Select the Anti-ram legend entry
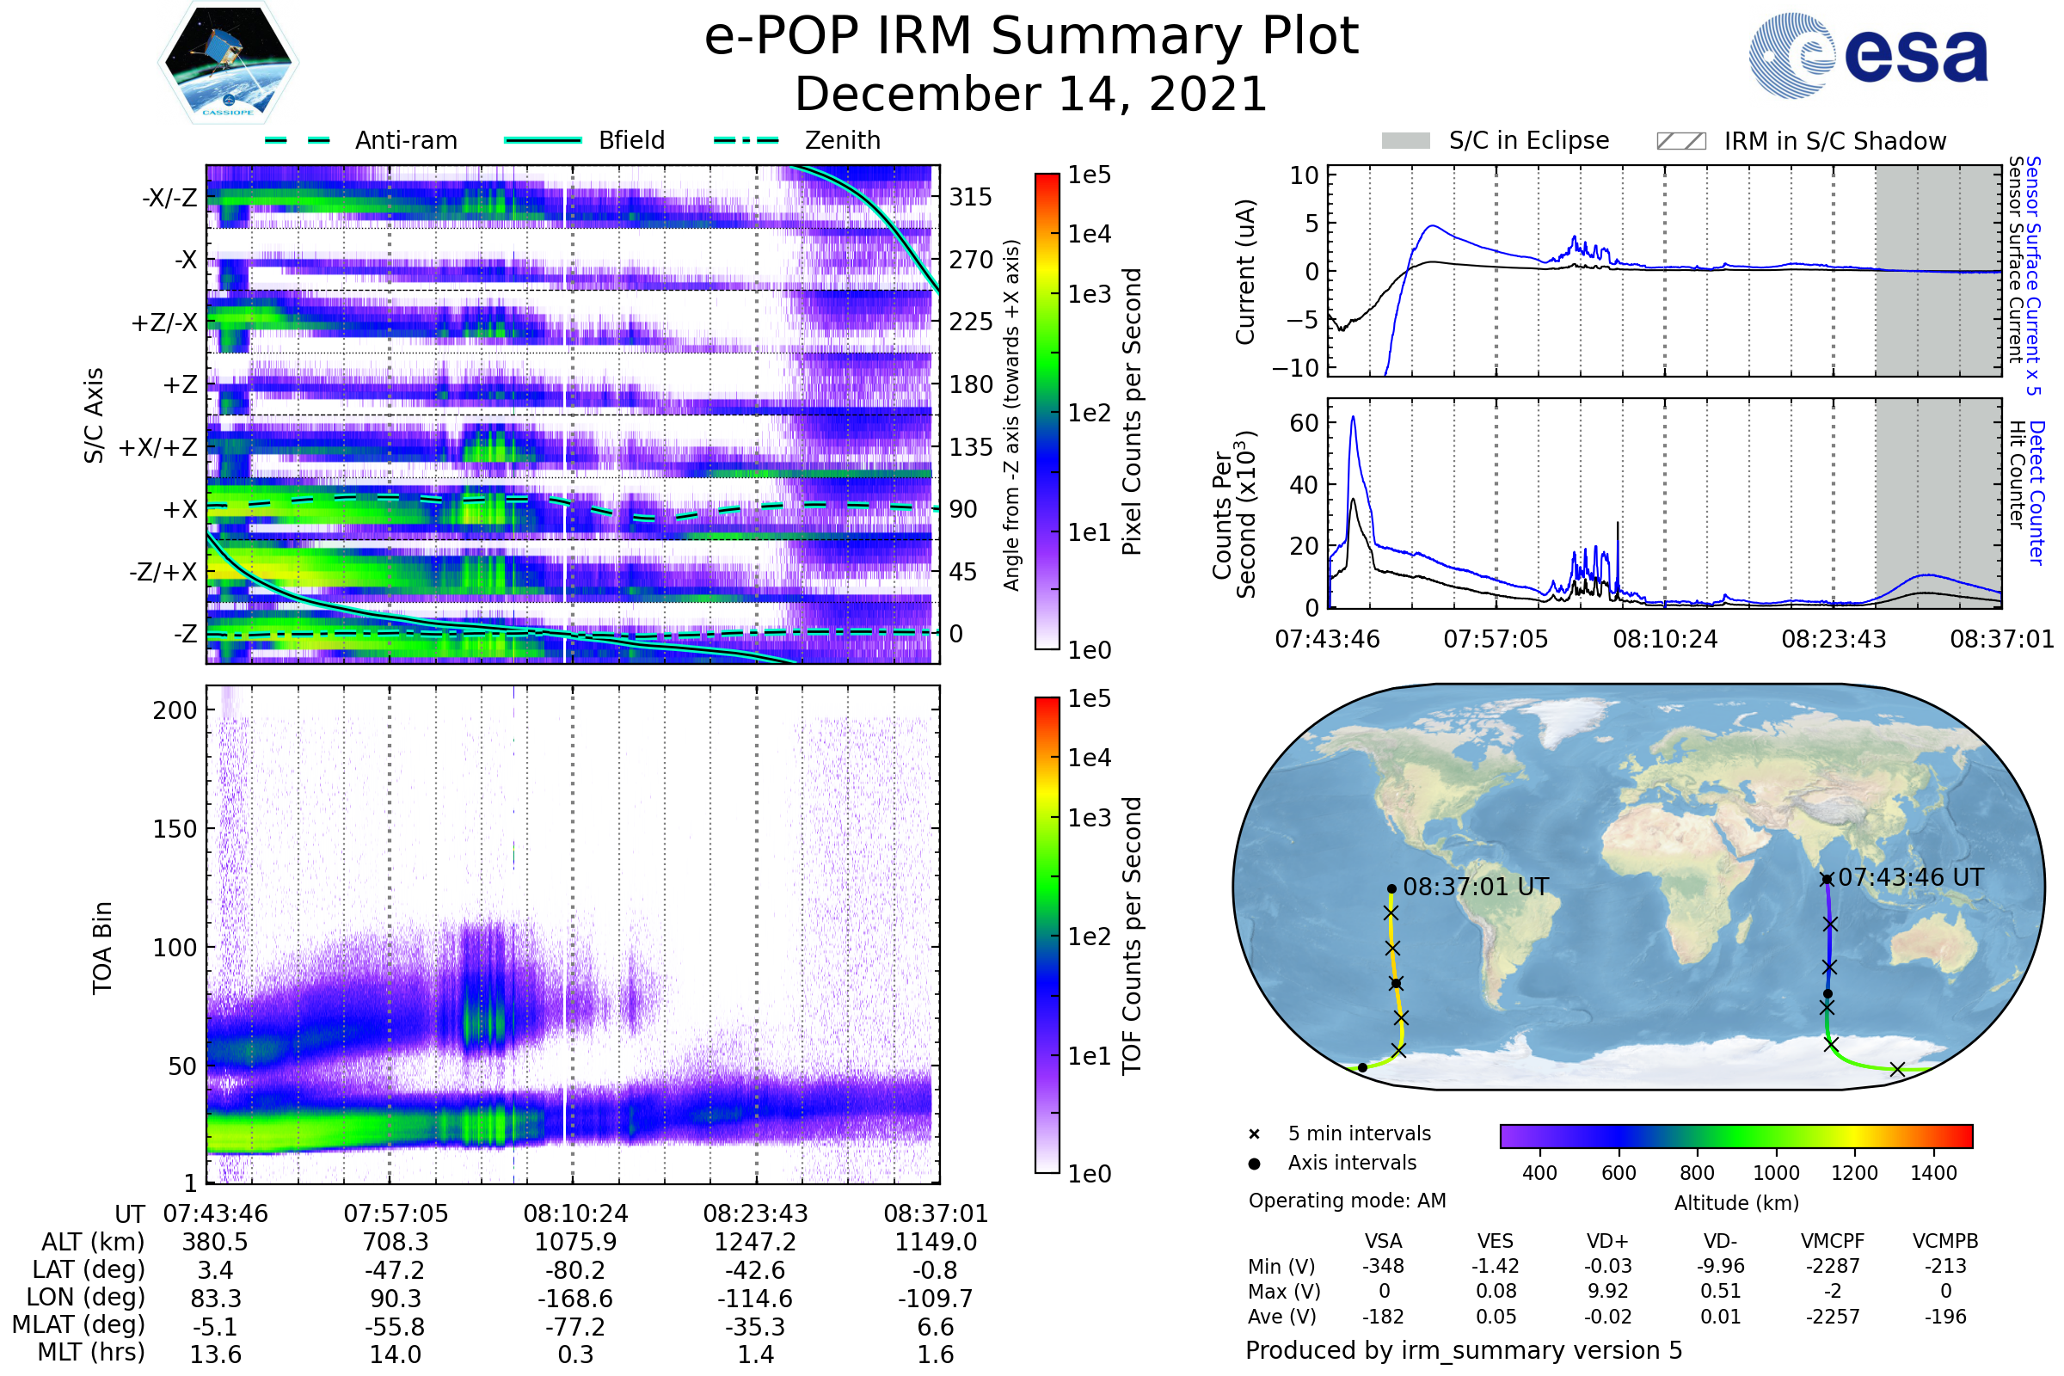pyautogui.click(x=361, y=140)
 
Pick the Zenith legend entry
pyautogui.click(x=797, y=140)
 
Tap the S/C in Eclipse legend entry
pyautogui.click(x=1495, y=140)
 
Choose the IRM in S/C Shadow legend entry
pyautogui.click(x=1801, y=141)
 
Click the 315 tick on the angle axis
pyautogui.click(x=970, y=198)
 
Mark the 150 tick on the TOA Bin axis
pyautogui.click(x=175, y=829)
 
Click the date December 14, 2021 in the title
pyautogui.click(x=1031, y=94)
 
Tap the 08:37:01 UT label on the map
pyautogui.click(x=1475, y=888)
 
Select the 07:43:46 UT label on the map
pyautogui.click(x=1910, y=877)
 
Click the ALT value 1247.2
pyautogui.click(x=755, y=1243)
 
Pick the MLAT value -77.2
pyautogui.click(x=574, y=1327)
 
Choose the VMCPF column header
pyautogui.click(x=1833, y=1242)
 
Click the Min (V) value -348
pyautogui.click(x=1383, y=1266)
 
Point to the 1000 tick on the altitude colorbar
pyautogui.click(x=1775, y=1173)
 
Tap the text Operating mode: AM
pyautogui.click(x=1347, y=1201)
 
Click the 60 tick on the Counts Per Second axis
pyautogui.click(x=1304, y=423)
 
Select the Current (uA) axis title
pyautogui.click(x=1245, y=272)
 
